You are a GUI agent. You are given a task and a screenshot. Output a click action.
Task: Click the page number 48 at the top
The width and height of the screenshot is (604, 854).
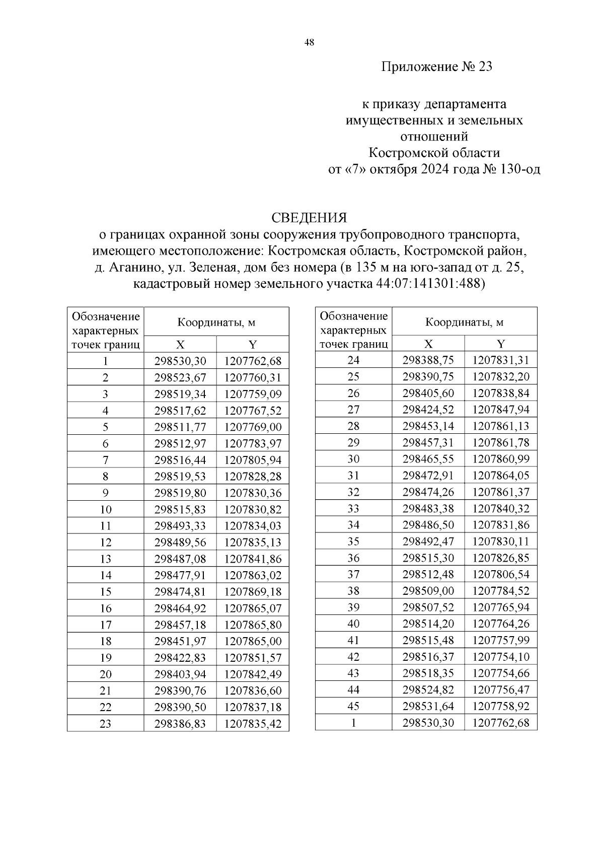[309, 43]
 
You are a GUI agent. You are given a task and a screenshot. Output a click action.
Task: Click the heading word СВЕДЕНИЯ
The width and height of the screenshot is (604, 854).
[309, 217]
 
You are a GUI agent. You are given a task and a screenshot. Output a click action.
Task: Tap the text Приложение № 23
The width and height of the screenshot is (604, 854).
[436, 66]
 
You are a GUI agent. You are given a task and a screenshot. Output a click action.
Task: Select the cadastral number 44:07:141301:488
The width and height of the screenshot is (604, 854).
[429, 284]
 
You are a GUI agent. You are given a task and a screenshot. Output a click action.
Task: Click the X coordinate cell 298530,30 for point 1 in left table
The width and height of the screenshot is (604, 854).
[180, 361]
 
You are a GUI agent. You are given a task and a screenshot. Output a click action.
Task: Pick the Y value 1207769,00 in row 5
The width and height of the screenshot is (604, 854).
[253, 427]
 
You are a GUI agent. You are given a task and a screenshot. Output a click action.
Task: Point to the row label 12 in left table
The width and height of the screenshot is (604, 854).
[105, 542]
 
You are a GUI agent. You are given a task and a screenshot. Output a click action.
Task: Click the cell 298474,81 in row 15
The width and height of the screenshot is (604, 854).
[180, 592]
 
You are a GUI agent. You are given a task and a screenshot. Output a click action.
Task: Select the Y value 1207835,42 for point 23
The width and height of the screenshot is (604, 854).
[253, 724]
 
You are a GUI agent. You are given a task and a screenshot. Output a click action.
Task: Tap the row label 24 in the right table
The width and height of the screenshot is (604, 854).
[353, 360]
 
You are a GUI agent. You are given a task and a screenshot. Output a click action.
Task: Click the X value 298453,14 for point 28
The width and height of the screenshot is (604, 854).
[428, 426]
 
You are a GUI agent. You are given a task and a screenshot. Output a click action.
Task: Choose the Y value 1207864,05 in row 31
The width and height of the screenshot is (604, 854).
[501, 476]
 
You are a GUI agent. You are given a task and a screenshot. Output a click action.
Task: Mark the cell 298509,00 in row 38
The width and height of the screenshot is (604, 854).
[428, 591]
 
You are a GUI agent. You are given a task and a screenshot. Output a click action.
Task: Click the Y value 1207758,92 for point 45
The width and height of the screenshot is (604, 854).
[501, 706]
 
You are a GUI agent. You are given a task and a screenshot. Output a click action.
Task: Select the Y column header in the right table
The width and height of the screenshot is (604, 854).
[501, 344]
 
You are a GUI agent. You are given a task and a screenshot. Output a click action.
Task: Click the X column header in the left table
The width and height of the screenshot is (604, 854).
[180, 344]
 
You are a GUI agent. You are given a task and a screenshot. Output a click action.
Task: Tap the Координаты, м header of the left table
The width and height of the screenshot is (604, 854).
[216, 322]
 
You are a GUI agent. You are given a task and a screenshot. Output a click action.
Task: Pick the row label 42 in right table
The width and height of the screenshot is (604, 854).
[353, 657]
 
